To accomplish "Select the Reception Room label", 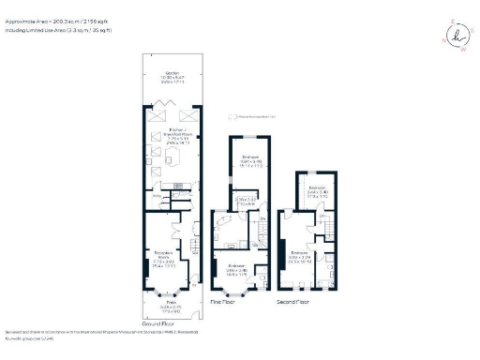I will [x=166, y=256].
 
